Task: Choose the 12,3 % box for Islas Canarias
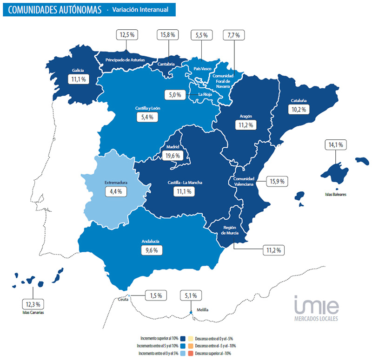coord(33,304)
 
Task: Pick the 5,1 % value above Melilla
coord(191,295)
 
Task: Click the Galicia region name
coord(78,71)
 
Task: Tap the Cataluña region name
coord(299,101)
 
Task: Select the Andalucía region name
coord(150,242)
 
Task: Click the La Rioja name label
coord(205,95)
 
